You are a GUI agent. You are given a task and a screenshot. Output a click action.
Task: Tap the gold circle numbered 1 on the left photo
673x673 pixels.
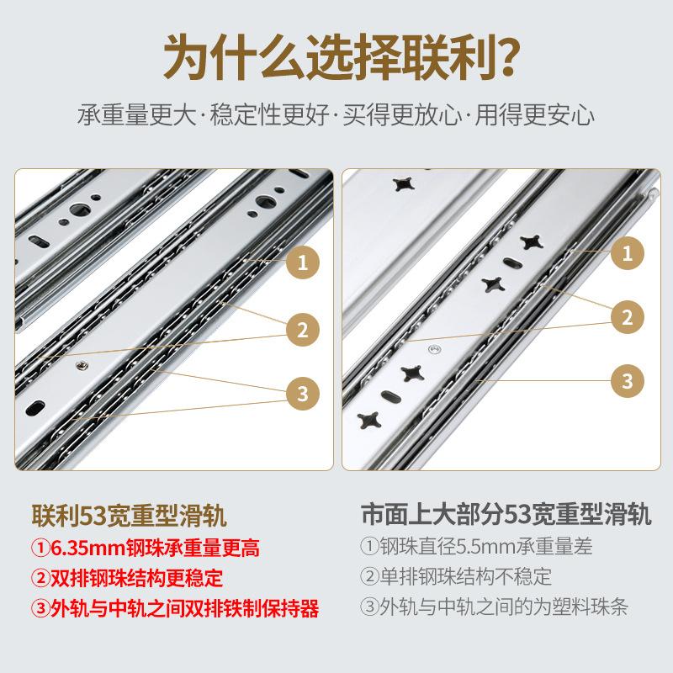[302, 262]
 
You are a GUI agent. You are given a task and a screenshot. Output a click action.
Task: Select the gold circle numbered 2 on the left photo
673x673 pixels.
[302, 327]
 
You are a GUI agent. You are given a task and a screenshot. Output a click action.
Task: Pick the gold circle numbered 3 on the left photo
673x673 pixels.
[302, 391]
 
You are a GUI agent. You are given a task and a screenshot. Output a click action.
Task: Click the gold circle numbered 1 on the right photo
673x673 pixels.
[627, 252]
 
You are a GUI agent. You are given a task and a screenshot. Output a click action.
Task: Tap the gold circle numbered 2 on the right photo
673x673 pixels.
[627, 317]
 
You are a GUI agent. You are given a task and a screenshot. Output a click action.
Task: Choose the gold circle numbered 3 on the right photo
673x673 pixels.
[627, 380]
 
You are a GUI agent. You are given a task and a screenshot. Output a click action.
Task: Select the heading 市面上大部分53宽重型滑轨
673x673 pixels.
[516, 514]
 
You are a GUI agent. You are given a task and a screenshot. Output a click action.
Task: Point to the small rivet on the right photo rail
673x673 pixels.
[434, 347]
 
